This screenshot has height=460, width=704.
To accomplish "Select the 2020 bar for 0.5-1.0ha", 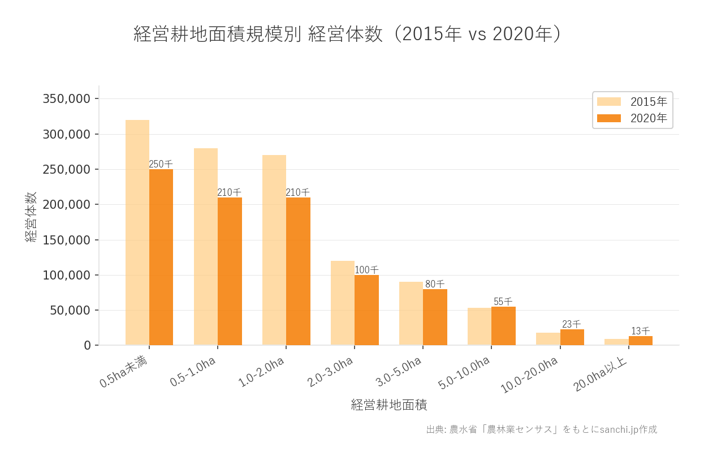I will point(230,271).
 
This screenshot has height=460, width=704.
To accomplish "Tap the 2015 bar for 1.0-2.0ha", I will point(274,250).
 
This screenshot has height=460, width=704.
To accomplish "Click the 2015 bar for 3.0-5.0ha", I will point(411,313).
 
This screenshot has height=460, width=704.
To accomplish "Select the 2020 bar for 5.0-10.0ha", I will point(503,326).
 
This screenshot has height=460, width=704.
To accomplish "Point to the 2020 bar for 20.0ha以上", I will point(640,341).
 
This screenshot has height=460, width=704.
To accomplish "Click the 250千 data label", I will point(161,164).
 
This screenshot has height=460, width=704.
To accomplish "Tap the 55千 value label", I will point(503,302).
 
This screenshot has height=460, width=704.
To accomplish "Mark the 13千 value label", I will point(640,331).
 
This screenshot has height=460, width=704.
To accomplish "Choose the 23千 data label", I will point(571,324).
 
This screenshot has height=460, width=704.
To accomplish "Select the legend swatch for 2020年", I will point(609,118).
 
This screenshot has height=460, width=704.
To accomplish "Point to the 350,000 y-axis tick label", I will point(67,99).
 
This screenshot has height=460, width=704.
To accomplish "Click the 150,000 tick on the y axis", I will point(67,240).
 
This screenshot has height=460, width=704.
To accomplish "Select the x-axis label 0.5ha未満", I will point(124,372).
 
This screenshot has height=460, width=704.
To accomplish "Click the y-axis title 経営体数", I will point(31,217).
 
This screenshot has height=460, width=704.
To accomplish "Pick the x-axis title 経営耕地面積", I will point(388,405).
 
